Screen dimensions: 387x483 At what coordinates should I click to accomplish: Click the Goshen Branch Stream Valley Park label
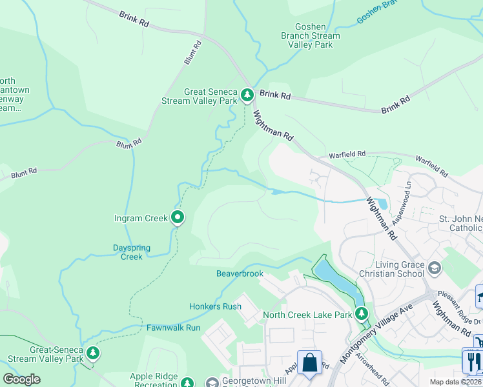point(308,36)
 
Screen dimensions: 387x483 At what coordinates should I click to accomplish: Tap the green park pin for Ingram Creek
point(178,218)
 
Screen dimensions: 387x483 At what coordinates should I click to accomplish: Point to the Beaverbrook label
point(240,273)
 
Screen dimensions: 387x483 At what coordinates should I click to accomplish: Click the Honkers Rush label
point(215,306)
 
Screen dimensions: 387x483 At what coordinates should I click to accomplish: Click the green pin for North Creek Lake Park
point(362,314)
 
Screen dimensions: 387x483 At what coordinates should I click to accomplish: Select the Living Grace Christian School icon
point(435,267)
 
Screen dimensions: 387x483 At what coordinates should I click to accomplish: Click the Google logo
point(21,379)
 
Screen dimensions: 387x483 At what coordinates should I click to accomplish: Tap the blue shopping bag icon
point(310,362)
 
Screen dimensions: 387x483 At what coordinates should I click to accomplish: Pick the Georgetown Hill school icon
point(212,382)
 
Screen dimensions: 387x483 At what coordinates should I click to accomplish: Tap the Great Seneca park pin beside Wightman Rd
point(247,96)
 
